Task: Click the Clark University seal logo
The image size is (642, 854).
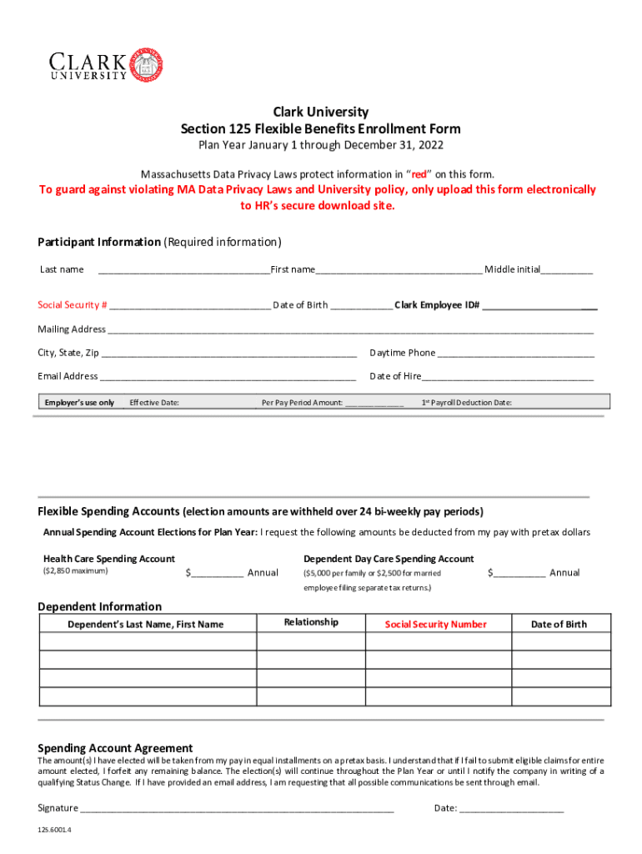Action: pos(148,65)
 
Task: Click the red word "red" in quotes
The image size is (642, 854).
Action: pos(419,174)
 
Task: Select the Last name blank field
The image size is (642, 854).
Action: pos(183,269)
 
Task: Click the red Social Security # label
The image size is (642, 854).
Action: pos(73,305)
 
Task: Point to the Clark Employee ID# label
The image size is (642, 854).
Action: pos(437,305)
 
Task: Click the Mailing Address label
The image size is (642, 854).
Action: pos(72,329)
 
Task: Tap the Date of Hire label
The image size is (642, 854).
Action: pos(395,376)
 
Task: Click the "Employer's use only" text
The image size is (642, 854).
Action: pos(79,403)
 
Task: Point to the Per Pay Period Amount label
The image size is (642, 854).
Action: pos(302,403)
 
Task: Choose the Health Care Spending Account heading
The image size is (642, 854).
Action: pos(109,559)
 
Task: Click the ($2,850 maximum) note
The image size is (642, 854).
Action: pos(75,571)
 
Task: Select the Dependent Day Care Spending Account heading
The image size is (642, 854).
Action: pos(389,559)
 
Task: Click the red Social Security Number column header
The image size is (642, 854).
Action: pos(435,625)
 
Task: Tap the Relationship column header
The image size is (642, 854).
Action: pos(311,622)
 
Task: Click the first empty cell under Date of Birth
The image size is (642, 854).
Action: pos(559,642)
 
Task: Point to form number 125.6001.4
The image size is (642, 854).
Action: pos(55,831)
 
